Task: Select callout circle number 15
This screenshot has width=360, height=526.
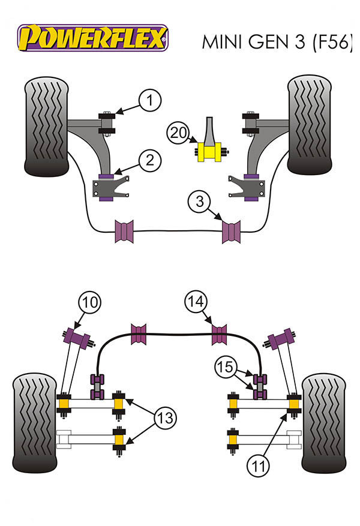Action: click(x=226, y=366)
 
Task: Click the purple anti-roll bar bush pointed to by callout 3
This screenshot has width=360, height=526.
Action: click(x=231, y=232)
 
